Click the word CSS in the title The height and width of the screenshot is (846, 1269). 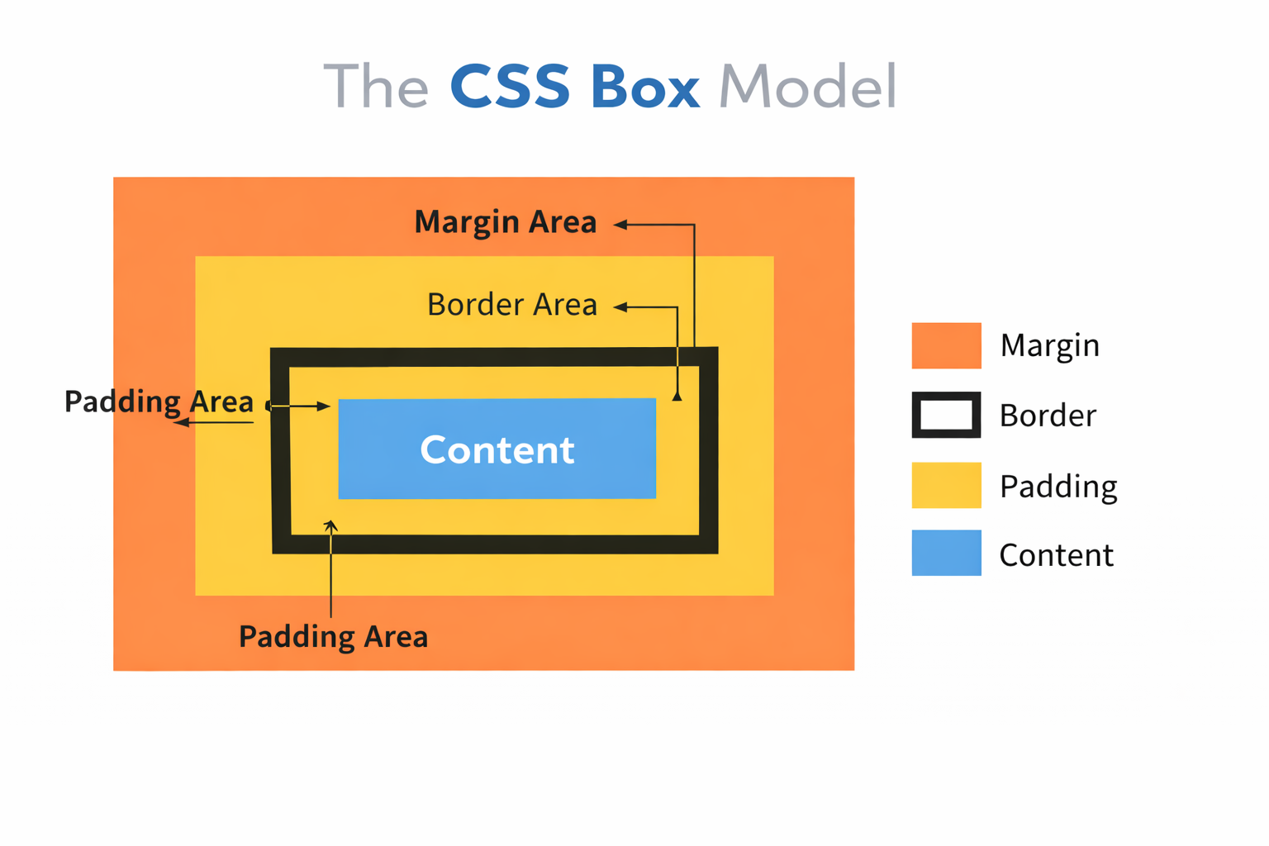510,87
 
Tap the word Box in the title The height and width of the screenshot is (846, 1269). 645,87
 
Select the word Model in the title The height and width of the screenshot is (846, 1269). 807,87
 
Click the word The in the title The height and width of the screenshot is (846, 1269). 376,87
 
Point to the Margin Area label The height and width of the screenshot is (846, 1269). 505,222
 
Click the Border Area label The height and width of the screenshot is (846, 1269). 511,305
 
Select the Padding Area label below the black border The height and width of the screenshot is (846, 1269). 333,637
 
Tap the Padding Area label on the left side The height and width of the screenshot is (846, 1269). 159,402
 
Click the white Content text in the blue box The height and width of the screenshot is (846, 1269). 497,450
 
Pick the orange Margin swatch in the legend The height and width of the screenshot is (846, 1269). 946,345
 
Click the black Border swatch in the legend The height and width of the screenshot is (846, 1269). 946,415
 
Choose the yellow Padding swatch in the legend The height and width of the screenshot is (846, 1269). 946,485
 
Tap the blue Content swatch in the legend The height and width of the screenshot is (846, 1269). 946,553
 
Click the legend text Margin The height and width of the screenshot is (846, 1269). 1049,345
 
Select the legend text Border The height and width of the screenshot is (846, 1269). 1047,415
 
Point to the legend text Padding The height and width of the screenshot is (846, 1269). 1057,487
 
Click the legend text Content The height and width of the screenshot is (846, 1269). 1056,554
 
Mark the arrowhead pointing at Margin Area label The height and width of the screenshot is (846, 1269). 620,224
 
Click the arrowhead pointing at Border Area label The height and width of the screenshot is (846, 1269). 620,307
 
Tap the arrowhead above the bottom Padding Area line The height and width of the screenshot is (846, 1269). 330,525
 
